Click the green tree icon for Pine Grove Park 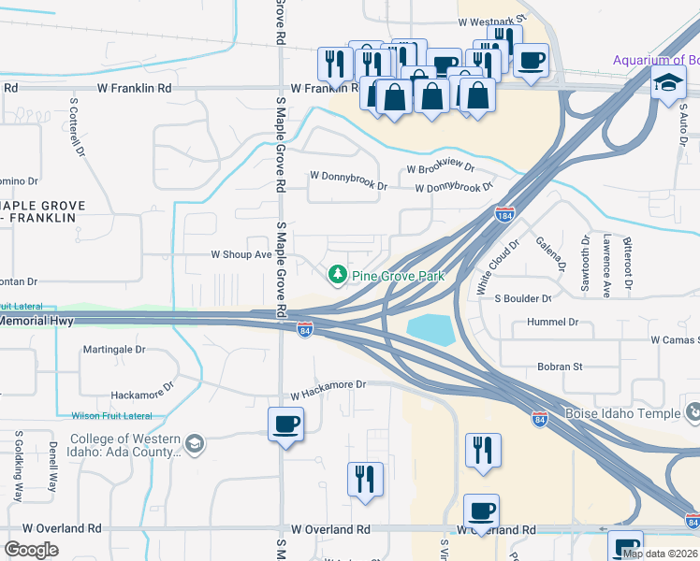pyautogui.click(x=337, y=275)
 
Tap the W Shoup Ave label pyautogui.click(x=240, y=253)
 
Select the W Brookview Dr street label pyautogui.click(x=440, y=169)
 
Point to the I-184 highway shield pyautogui.click(x=504, y=215)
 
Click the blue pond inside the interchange pyautogui.click(x=429, y=328)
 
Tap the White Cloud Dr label pyautogui.click(x=497, y=268)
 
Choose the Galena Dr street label pyautogui.click(x=552, y=252)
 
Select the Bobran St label pyautogui.click(x=560, y=367)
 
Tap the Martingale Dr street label pyautogui.click(x=114, y=349)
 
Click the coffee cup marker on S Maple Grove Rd pyautogui.click(x=285, y=425)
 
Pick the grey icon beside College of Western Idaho pyautogui.click(x=194, y=442)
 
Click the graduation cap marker pyautogui.click(x=668, y=83)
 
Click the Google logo pyautogui.click(x=31, y=550)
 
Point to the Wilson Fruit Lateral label pyautogui.click(x=111, y=415)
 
